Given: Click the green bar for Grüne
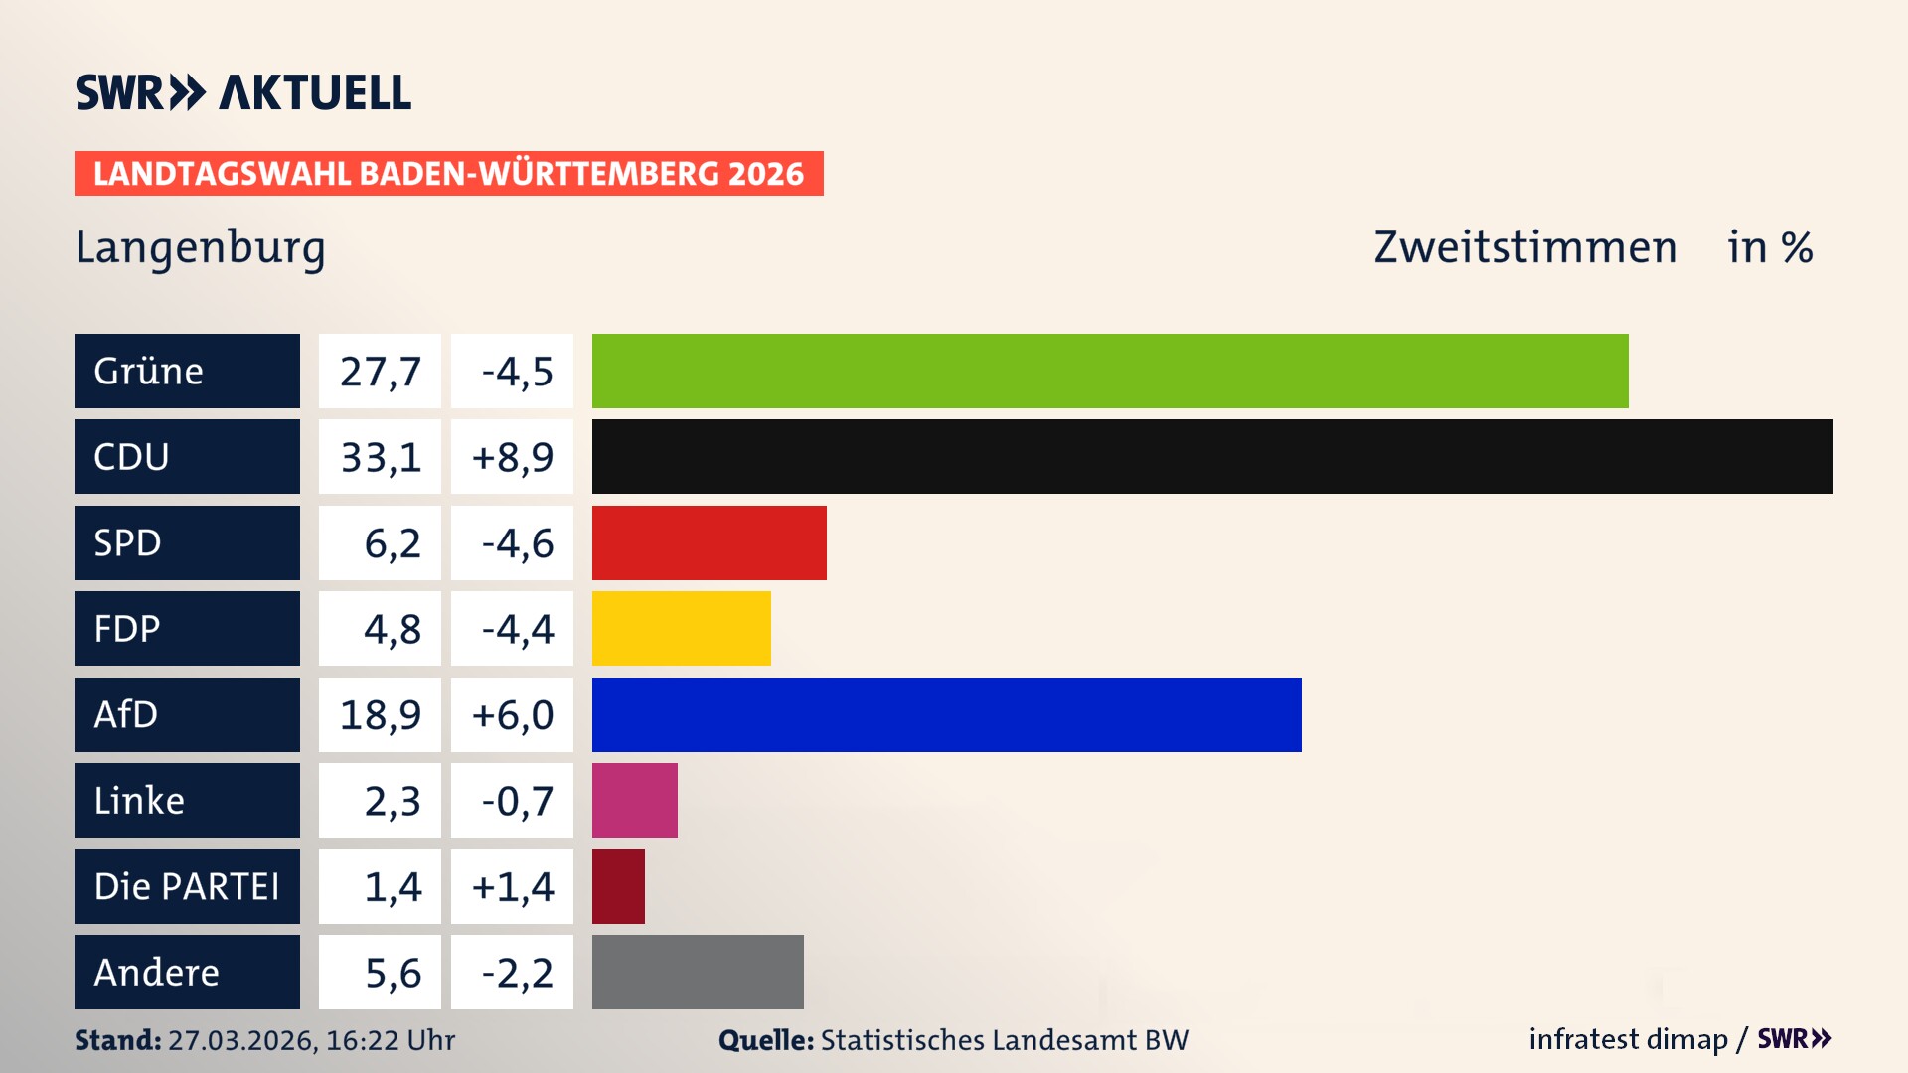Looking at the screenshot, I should tap(1110, 371).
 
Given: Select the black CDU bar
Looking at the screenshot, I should tap(1212, 456).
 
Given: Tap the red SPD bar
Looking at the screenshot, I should tap(709, 542).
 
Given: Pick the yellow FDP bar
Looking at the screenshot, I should tap(681, 628).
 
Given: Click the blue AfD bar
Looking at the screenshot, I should tap(946, 714).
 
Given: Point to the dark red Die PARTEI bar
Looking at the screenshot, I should tap(618, 886).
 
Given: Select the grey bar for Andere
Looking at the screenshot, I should tap(698, 972).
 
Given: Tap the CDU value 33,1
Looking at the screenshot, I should tap(380, 457).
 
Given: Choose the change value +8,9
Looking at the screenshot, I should tap(512, 457).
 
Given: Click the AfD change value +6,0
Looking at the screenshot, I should tap(512, 715).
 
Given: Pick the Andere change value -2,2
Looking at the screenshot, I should tap(517, 973).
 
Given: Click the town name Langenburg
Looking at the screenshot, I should tap(201, 247).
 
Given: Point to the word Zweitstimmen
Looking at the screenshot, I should tap(1525, 247).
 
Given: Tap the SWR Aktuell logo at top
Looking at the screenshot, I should tap(243, 92).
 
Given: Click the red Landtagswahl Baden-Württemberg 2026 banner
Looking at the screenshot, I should tap(448, 173).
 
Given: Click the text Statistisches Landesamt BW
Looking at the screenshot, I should tap(1004, 1040).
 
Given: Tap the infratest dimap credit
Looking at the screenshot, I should tap(1628, 1039).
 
